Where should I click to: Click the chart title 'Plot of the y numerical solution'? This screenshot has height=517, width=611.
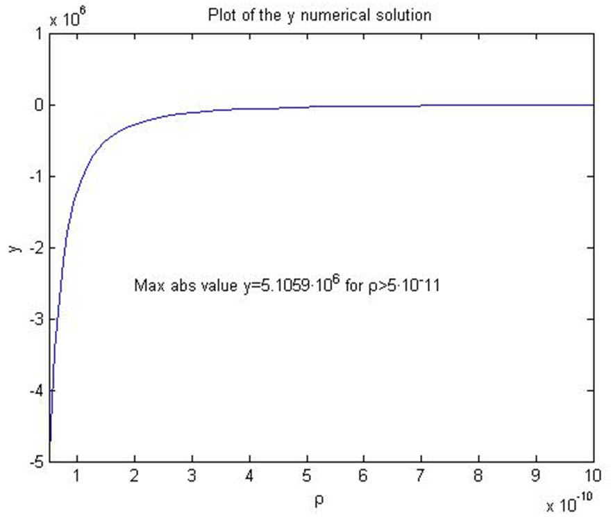pyautogui.click(x=320, y=15)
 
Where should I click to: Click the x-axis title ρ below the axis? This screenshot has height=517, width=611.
pyautogui.click(x=320, y=499)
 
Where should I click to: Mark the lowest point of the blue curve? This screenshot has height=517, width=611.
pyautogui.click(x=50, y=441)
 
